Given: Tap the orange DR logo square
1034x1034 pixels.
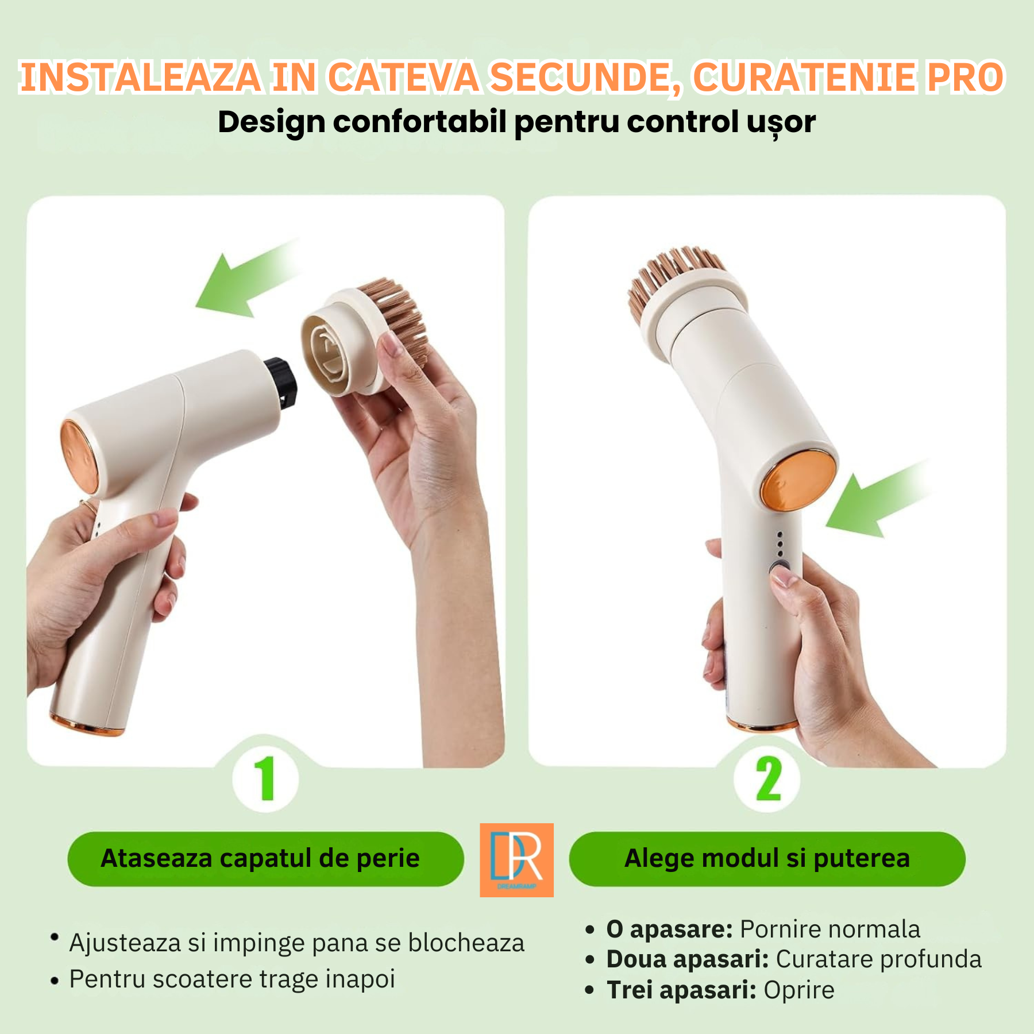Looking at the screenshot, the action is (516, 860).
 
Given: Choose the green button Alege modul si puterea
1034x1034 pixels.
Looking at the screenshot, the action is (767, 859).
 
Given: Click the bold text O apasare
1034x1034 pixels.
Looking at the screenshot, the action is (670, 929).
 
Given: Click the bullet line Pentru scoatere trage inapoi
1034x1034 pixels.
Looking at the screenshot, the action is (232, 979).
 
